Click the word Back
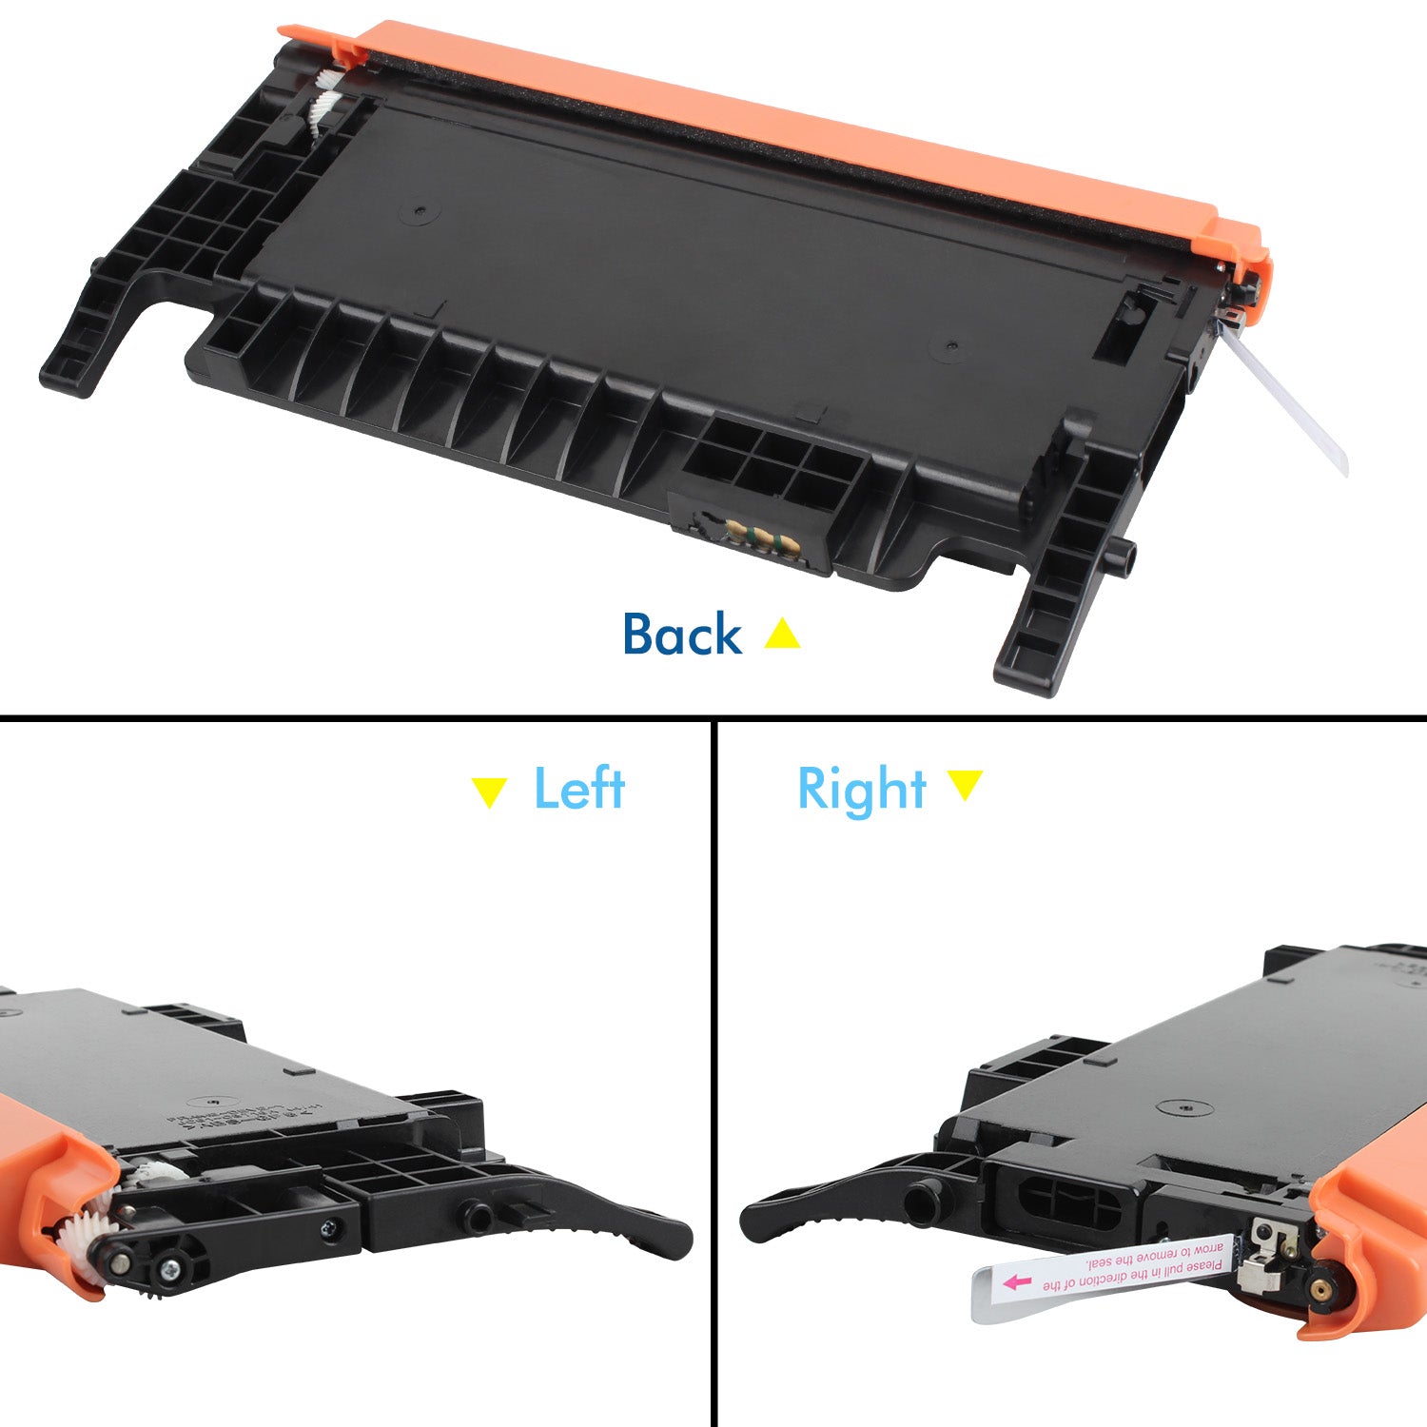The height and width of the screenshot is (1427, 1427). tap(681, 635)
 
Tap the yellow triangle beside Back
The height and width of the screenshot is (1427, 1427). tap(782, 635)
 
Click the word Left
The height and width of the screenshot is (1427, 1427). tap(578, 789)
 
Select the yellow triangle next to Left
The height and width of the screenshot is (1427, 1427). tap(489, 791)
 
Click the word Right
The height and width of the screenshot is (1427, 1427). tap(862, 790)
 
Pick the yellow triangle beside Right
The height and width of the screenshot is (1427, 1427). tap(965, 784)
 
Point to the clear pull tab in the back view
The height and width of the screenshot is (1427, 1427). tap(1294, 404)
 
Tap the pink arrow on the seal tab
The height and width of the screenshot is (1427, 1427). tap(1017, 1282)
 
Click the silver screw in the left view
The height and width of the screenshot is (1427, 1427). tap(330, 1230)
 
